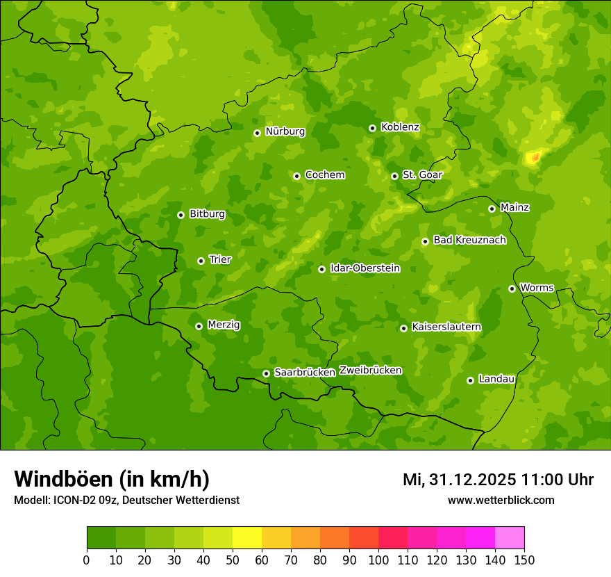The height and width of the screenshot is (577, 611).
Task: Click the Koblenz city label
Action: pyautogui.click(x=400, y=127)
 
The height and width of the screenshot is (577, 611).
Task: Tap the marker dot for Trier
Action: pyautogui.click(x=201, y=261)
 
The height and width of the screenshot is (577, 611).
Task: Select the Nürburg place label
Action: pyautogui.click(x=285, y=131)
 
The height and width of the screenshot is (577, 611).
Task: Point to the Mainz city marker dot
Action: pyautogui.click(x=492, y=209)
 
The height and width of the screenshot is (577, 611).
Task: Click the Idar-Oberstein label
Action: pyautogui.click(x=365, y=268)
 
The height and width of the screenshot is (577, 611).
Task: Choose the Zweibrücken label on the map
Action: pyautogui.click(x=370, y=371)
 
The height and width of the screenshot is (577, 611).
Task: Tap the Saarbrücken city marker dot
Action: pyautogui.click(x=266, y=373)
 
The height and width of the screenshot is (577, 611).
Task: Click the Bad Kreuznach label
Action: pyautogui.click(x=469, y=240)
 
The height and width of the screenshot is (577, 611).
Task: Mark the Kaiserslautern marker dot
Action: pyautogui.click(x=403, y=328)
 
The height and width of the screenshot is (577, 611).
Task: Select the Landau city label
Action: pyautogui.click(x=496, y=379)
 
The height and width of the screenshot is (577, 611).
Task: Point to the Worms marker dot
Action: pyautogui.click(x=512, y=288)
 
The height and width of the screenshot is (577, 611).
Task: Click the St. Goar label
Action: pyautogui.click(x=422, y=174)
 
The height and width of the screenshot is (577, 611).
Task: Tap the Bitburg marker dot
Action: pyautogui.click(x=181, y=215)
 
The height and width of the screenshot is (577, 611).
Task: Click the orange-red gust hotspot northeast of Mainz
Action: pyautogui.click(x=534, y=157)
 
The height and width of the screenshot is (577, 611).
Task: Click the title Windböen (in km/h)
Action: pyautogui.click(x=112, y=479)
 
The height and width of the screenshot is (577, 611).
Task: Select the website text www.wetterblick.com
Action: pyautogui.click(x=501, y=500)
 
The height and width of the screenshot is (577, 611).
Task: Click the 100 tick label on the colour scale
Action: pyautogui.click(x=378, y=560)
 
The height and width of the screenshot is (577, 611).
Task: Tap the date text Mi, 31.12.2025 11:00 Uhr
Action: pyautogui.click(x=498, y=480)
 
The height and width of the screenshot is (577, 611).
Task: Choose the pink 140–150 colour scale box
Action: pyautogui.click(x=510, y=538)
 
